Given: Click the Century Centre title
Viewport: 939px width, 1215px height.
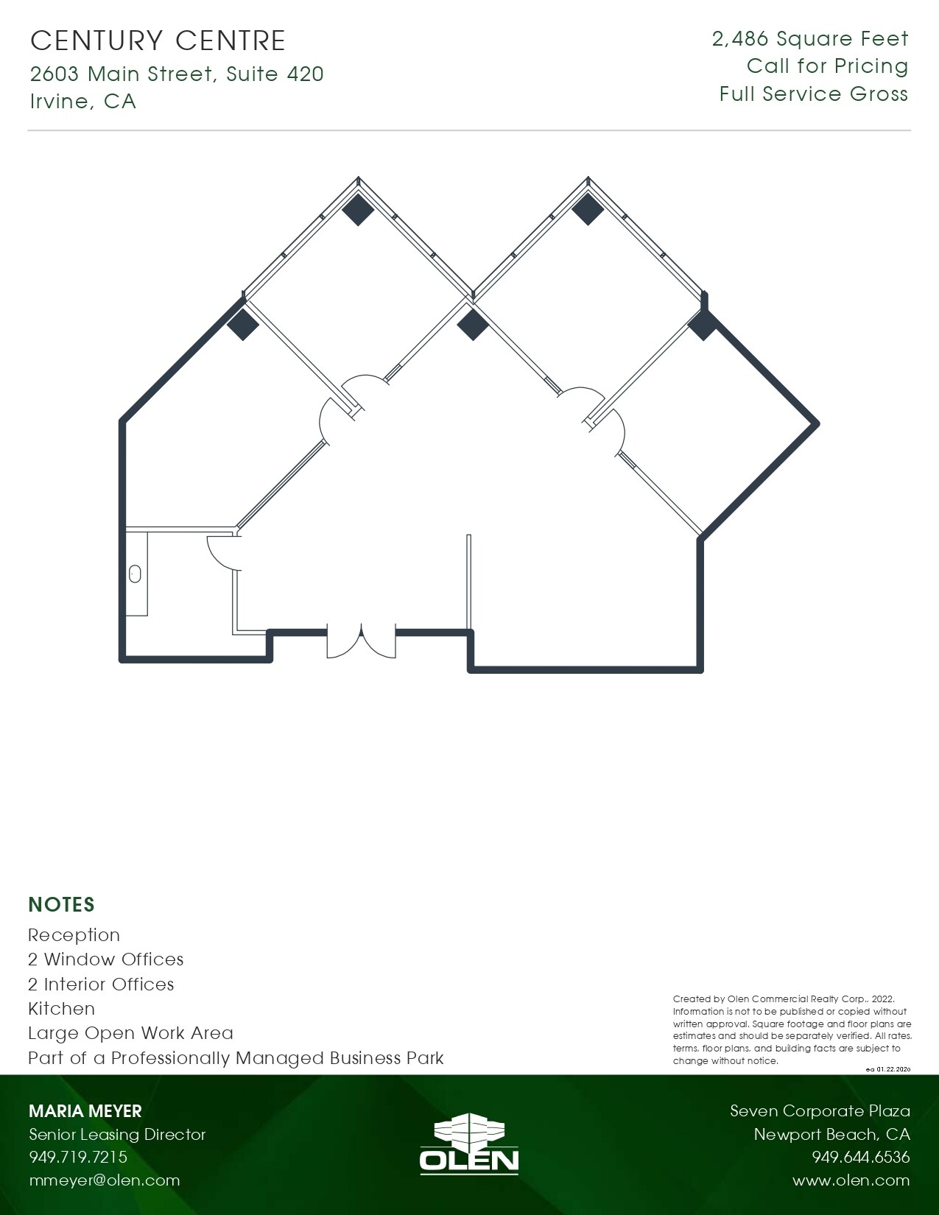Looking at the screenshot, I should [x=158, y=40].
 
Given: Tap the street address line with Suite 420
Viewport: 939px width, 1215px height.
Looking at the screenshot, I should [x=177, y=74].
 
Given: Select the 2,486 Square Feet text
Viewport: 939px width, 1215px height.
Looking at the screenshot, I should [x=810, y=39].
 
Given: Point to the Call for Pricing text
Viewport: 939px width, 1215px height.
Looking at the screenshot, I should [x=827, y=66].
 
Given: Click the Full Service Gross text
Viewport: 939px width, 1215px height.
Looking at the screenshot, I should [x=814, y=94].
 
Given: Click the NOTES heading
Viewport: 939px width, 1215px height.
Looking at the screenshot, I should [x=62, y=904].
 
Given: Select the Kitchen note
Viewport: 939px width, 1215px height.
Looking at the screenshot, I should [x=61, y=1009].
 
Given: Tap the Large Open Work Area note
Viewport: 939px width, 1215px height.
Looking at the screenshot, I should [x=130, y=1033].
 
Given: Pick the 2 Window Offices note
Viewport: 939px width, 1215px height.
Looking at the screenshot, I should [x=105, y=959].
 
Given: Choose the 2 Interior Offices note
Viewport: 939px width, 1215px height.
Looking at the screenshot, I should [x=101, y=985].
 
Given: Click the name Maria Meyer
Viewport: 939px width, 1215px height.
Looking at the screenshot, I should [x=85, y=1111].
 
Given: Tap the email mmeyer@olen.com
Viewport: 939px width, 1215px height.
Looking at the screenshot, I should [x=104, y=1180].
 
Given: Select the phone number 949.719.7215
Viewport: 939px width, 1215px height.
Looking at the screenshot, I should [x=78, y=1158].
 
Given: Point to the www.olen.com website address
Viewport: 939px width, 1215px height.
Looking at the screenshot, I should [x=851, y=1180].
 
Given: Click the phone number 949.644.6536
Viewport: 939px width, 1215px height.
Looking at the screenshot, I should [x=861, y=1158].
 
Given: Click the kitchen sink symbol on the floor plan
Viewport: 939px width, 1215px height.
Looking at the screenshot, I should [x=136, y=574].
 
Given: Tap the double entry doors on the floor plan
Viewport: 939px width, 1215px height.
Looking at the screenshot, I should [x=361, y=641].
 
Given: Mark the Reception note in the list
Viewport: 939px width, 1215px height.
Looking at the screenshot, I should [x=74, y=935].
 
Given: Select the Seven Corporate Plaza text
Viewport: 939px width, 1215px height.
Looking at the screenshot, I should [x=820, y=1111].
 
